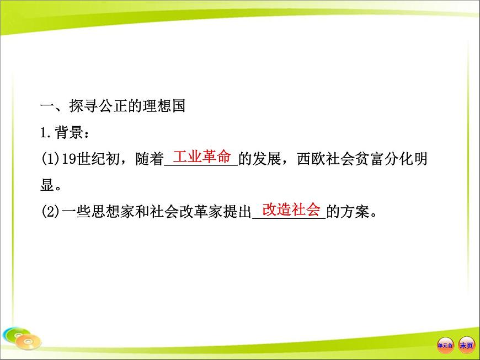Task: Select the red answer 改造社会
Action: (291, 209)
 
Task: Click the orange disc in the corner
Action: (28, 343)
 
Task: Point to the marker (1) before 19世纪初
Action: (50, 159)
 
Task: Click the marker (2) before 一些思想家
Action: (50, 212)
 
